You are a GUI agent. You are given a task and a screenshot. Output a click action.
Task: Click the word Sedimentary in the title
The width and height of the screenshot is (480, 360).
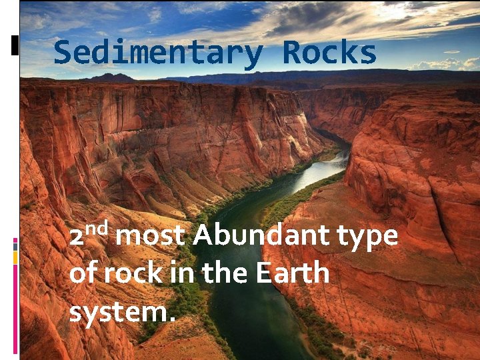pyautogui.click(x=159, y=53)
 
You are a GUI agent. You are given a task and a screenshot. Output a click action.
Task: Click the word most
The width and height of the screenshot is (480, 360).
pyautogui.click(x=155, y=237)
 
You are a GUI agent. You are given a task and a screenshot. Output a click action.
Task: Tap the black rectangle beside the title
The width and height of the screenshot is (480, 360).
pyautogui.click(x=15, y=45)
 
